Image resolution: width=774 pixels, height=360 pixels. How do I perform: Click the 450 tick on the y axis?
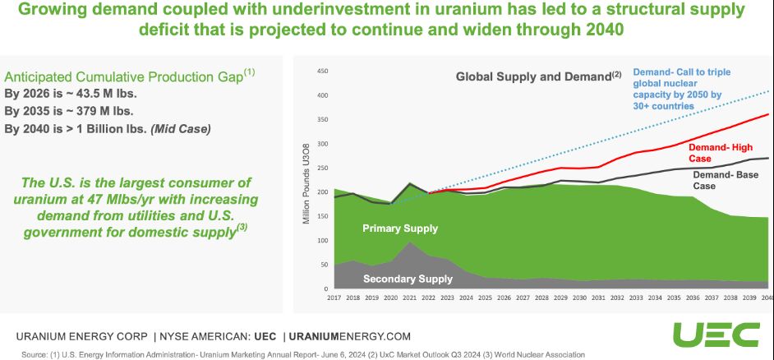click(322, 72)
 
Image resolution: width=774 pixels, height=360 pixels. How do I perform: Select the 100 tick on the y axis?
click(322, 240)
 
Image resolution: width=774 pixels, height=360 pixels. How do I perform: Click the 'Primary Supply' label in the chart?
click(400, 228)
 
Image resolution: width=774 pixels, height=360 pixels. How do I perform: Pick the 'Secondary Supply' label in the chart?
click(408, 279)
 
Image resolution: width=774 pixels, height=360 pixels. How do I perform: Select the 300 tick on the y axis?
click(322, 144)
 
